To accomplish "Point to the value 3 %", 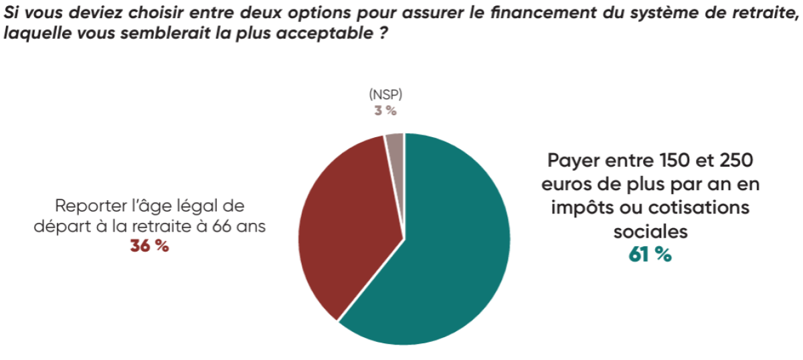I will pos(385,110).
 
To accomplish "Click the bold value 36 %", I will pos(149,246).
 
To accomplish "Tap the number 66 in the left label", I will pos(227,226).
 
